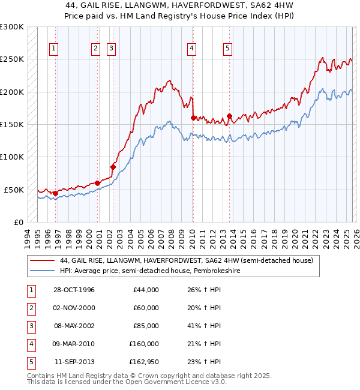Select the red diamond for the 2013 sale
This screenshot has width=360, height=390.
[230, 116]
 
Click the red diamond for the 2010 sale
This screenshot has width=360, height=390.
[193, 118]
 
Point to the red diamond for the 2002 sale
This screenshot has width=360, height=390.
[113, 167]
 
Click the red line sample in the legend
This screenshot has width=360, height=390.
[43, 261]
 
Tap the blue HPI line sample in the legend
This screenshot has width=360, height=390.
[43, 271]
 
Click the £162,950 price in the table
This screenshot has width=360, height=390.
[144, 362]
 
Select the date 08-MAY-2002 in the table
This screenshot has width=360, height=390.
[74, 326]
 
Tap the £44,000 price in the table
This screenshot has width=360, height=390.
[146, 290]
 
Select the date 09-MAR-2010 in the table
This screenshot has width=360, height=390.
[74, 344]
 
